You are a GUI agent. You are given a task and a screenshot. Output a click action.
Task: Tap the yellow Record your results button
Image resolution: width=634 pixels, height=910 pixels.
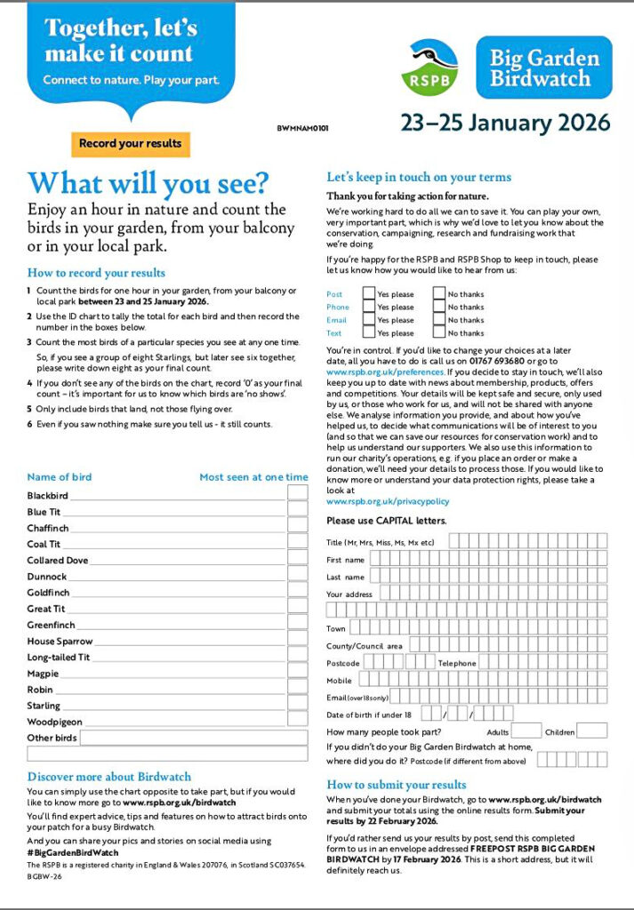(x=130, y=144)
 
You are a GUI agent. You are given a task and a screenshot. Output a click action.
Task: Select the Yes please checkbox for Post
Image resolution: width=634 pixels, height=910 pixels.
(x=369, y=294)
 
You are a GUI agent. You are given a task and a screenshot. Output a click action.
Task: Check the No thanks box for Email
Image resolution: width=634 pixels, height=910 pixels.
(x=439, y=320)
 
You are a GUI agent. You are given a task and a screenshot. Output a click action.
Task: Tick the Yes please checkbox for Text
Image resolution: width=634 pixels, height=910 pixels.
(x=369, y=333)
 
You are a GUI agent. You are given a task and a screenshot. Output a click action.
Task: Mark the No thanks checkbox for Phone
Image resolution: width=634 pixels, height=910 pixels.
(x=439, y=307)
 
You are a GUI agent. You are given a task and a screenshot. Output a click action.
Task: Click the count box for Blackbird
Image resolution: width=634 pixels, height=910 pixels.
(x=298, y=495)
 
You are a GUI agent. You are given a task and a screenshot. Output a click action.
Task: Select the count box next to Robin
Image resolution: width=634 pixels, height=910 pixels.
(x=298, y=690)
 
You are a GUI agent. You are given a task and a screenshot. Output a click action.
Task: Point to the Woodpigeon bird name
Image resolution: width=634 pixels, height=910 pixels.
(x=54, y=722)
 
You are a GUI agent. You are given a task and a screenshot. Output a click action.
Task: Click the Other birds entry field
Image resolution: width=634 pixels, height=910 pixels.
(x=194, y=738)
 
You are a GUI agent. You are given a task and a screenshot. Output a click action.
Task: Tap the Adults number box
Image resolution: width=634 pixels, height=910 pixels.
(x=523, y=731)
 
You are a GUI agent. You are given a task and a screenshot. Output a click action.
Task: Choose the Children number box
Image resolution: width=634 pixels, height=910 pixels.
(x=592, y=731)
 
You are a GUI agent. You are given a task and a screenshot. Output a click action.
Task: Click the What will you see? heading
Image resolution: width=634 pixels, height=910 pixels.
(x=148, y=183)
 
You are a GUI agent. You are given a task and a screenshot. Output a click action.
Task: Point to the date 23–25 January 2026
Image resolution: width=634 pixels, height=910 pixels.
(x=504, y=122)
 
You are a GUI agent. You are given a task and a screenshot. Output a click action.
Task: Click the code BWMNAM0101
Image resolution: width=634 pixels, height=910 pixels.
(x=309, y=129)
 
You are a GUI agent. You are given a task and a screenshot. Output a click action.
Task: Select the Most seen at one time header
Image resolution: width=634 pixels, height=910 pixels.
(x=253, y=477)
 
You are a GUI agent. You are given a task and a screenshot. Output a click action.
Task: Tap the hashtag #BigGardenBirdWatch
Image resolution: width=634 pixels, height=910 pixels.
(x=73, y=852)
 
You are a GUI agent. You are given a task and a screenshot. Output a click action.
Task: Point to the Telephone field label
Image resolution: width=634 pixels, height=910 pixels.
(x=457, y=664)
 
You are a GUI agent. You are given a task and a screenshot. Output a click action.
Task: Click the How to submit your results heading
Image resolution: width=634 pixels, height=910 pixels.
(x=397, y=785)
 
